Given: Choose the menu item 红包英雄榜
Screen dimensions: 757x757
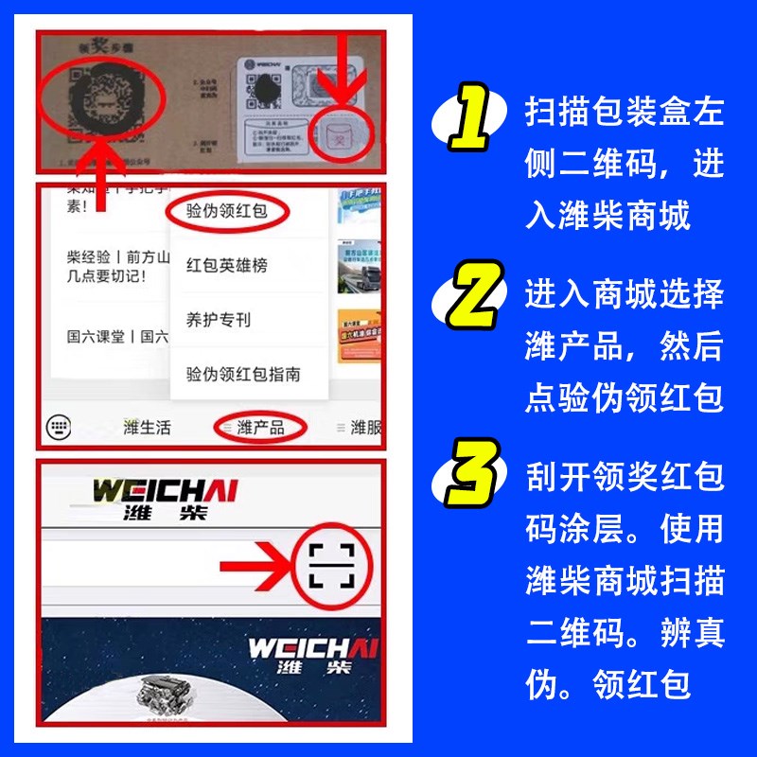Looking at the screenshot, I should (x=226, y=266).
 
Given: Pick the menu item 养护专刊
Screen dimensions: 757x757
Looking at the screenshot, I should (x=218, y=320).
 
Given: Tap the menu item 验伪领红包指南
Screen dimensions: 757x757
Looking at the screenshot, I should (x=243, y=375).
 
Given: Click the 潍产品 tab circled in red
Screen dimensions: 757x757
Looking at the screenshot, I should (x=260, y=428).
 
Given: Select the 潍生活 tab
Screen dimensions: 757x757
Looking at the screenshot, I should (x=148, y=428).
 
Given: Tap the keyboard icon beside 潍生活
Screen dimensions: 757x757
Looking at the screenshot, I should (x=59, y=428).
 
